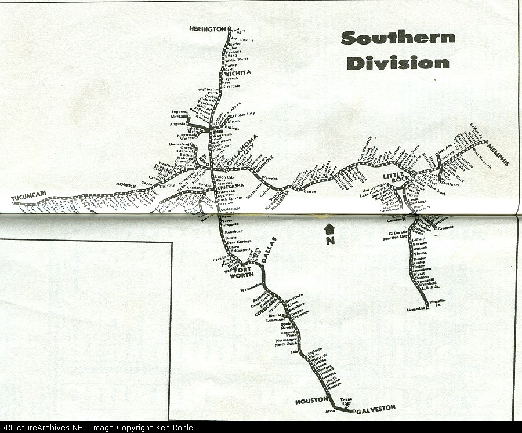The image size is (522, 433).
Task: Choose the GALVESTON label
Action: point(375,408)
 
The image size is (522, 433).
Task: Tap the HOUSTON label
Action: point(311,401)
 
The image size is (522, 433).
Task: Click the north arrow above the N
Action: point(329,228)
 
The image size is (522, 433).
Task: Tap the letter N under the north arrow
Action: point(330,241)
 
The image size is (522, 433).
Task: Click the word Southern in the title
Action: point(398,38)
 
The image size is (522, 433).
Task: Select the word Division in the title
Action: point(398,63)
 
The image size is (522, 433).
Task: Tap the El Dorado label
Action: point(393,233)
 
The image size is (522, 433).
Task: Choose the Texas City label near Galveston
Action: point(346,401)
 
